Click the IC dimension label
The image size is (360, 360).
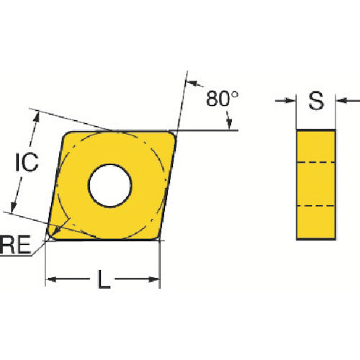pyautogui.click(x=27, y=162)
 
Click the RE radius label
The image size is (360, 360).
pyautogui.click(x=15, y=245)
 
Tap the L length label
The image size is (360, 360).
pyautogui.click(x=104, y=279)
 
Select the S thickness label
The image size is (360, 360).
pyautogui.click(x=316, y=101)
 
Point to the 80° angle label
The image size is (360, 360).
pyautogui.click(x=222, y=99)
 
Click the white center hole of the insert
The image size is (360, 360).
pyautogui.click(x=110, y=186)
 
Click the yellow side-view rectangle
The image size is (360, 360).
pyautogui.click(x=316, y=184)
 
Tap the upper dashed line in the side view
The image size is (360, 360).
pyautogui.click(x=316, y=163)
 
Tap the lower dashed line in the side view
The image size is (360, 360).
pyautogui.click(x=316, y=206)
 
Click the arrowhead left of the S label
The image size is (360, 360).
pyautogui.click(x=290, y=101)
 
